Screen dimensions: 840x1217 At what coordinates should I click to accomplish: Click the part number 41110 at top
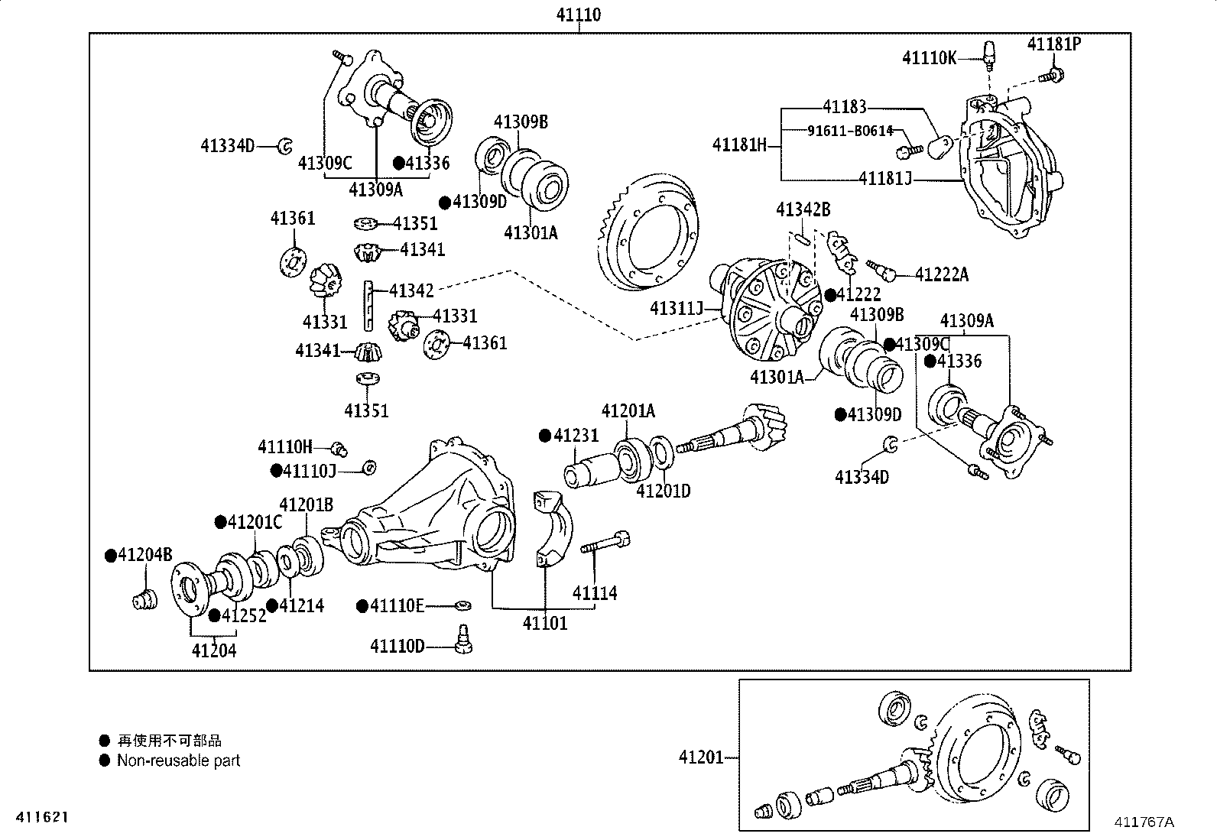(x=578, y=15)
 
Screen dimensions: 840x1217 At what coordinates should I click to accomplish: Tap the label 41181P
(x=1053, y=44)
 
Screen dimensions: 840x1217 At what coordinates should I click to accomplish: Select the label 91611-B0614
(x=850, y=131)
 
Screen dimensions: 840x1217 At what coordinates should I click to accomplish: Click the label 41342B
(x=803, y=209)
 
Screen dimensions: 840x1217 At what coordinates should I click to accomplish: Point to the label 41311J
(x=676, y=308)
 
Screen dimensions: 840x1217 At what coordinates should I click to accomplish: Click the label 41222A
(x=941, y=275)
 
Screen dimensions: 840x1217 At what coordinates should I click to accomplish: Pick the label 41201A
(x=628, y=411)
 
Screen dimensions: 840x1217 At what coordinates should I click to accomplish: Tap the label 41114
(x=595, y=592)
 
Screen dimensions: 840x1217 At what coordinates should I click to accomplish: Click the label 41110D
(x=397, y=647)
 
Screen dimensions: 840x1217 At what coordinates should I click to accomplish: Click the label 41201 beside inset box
(x=700, y=757)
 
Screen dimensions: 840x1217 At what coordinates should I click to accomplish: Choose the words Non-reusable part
(x=178, y=761)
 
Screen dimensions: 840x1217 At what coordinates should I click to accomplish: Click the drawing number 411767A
(x=1143, y=822)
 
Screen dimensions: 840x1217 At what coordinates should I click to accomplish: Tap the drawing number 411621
(x=37, y=817)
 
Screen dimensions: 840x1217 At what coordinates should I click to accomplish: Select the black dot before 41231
(x=545, y=435)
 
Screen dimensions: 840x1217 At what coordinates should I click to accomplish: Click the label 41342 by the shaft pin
(x=411, y=290)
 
